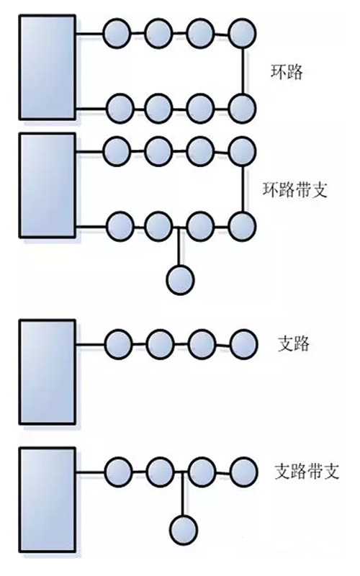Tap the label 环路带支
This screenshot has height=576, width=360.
295,189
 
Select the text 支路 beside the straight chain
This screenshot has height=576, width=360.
294,343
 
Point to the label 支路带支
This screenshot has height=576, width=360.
307,472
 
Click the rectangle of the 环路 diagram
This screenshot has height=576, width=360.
48,67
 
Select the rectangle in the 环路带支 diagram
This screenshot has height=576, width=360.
48,186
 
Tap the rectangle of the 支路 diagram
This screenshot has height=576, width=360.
48,372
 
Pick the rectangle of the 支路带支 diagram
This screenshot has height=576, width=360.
48,500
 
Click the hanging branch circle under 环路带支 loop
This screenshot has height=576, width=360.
180,279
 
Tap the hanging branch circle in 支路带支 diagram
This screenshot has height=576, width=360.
184,530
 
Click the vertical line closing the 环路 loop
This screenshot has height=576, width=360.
243,71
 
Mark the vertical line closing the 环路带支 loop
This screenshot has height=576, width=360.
243,189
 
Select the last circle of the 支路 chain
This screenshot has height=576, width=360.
244,344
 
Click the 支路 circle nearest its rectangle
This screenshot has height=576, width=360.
118,344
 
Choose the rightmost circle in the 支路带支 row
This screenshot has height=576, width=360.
244,472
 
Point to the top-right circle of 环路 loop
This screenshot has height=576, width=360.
242,34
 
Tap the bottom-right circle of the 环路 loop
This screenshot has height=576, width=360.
242,109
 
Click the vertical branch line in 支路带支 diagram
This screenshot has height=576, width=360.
184,494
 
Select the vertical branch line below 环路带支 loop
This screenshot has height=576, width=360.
179,246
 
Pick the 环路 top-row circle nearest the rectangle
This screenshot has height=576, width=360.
117,34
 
